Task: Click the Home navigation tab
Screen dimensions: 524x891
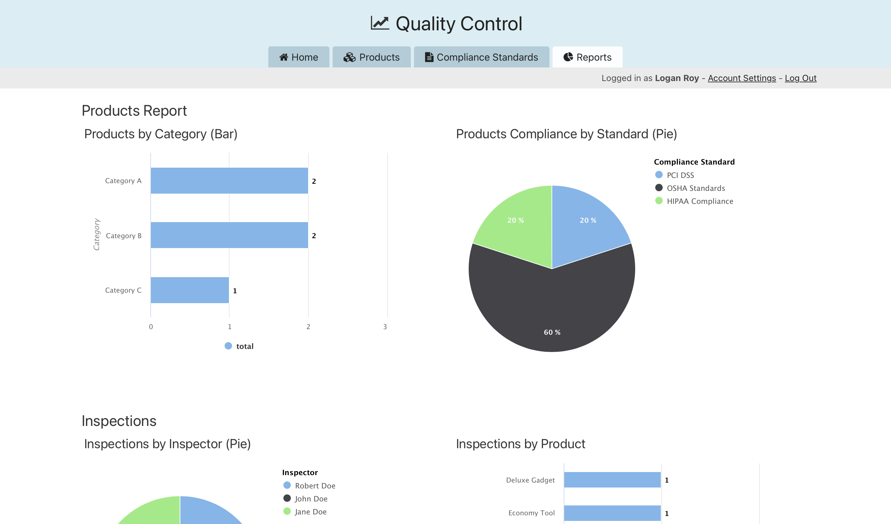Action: (x=299, y=57)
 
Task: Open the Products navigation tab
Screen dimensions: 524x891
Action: (x=371, y=57)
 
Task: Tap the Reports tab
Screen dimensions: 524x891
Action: (x=587, y=57)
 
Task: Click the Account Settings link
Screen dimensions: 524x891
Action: (x=742, y=78)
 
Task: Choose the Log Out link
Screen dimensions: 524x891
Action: (x=800, y=78)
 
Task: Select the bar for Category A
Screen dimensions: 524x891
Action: (x=229, y=181)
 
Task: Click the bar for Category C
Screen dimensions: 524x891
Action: (x=190, y=290)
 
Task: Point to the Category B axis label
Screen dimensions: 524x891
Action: (x=124, y=236)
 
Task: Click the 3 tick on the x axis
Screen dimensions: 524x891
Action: (x=385, y=327)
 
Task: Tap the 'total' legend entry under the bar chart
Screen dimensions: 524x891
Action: (x=239, y=346)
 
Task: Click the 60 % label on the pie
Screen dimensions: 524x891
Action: (x=552, y=332)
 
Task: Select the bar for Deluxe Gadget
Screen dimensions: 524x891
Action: (x=612, y=480)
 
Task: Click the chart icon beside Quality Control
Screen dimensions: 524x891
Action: (x=380, y=23)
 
